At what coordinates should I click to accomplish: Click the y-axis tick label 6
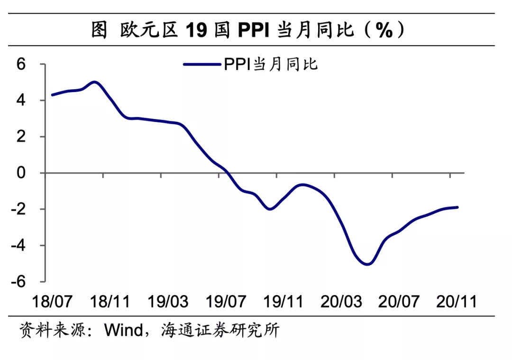21,64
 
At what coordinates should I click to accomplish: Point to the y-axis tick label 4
21,101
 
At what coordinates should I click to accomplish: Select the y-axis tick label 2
21,137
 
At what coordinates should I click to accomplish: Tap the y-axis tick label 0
21,173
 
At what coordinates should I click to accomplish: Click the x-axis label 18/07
52,301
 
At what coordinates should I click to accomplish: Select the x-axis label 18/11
110,301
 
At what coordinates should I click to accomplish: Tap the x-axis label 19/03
168,301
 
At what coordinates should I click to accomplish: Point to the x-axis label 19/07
226,301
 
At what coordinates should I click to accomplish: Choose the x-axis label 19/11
283,301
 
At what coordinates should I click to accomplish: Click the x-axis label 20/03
341,301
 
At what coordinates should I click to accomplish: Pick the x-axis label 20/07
399,301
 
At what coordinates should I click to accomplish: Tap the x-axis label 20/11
456,301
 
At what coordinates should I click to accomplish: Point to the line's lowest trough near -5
367,264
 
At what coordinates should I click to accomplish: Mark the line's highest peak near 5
95,82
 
